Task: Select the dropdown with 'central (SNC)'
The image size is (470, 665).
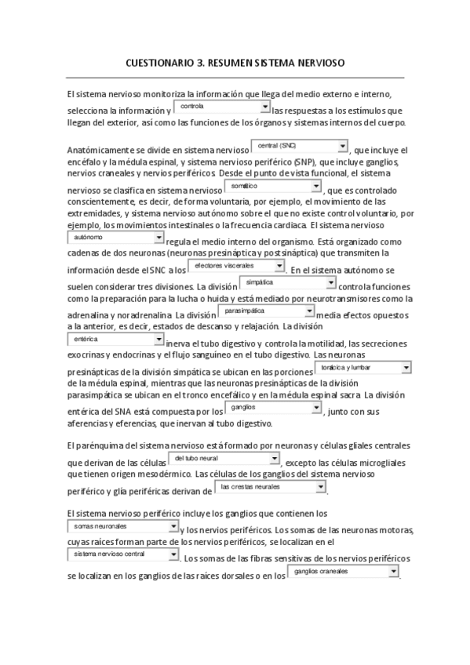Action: point(298,146)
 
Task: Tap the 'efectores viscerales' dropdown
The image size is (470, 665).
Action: point(235,267)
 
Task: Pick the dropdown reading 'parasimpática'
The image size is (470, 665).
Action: point(265,311)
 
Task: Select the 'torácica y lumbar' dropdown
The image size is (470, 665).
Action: point(365,367)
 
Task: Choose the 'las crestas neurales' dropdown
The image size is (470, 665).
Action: point(271,487)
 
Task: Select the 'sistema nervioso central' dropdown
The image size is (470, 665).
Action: point(122,554)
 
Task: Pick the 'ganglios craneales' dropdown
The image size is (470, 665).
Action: point(344,572)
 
